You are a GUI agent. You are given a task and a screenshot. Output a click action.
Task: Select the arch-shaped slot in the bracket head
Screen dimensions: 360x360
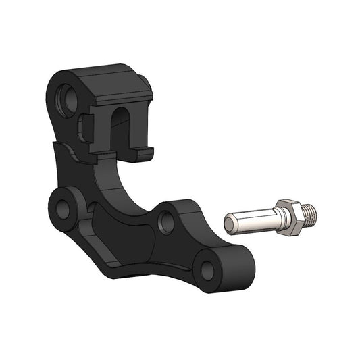(x=120, y=128)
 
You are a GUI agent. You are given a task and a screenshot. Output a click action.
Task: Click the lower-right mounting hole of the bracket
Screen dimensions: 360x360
(x=207, y=270)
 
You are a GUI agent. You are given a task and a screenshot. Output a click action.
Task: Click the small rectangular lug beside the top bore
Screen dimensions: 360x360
(x=84, y=128)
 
